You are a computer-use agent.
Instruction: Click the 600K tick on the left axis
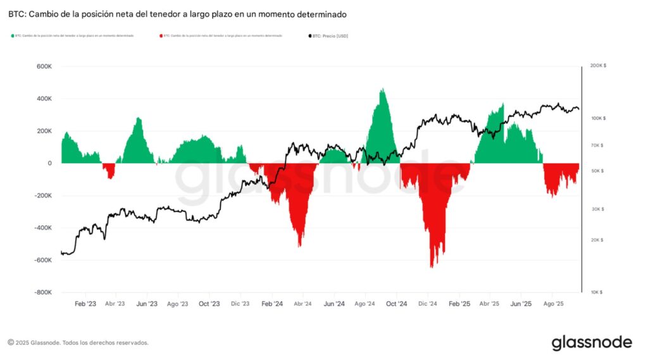[x=43, y=66]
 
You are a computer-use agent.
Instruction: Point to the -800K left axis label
[x=42, y=292]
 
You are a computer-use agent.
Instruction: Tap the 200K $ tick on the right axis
[x=598, y=66]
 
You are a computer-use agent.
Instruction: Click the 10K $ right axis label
[x=597, y=292]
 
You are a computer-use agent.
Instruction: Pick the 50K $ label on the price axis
[x=597, y=171]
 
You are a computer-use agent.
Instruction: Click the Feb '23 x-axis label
[x=85, y=304]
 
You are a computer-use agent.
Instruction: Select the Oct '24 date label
[x=396, y=304]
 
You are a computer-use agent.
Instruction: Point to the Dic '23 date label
[x=240, y=304]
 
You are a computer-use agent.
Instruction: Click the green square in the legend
[x=13, y=36]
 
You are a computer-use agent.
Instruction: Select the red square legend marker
[x=161, y=36]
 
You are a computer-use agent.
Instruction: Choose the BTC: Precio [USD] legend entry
[x=330, y=36]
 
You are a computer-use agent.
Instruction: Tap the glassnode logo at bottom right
[x=592, y=342]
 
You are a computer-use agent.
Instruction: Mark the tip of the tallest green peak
[x=382, y=89]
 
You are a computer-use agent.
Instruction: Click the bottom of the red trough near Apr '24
[x=300, y=246]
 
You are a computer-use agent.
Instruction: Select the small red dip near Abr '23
[x=110, y=178]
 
